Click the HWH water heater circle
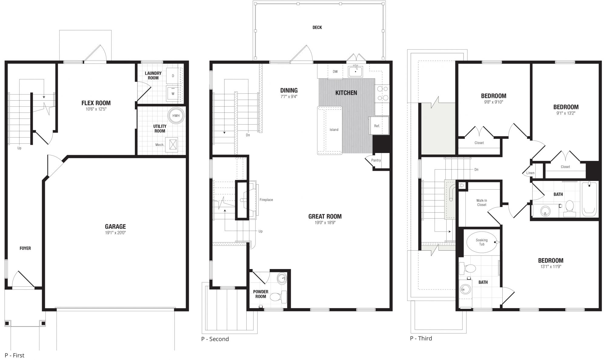[176, 115]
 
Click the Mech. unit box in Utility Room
[173, 144]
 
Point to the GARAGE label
[115, 226]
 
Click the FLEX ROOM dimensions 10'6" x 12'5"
[96, 109]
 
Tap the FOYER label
[25, 248]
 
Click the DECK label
[317, 28]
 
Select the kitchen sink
[355, 72]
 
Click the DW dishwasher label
[335, 72]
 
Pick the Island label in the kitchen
[334, 130]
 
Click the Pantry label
[376, 160]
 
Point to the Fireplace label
[266, 200]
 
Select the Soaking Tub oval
[482, 242]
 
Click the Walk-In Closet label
[482, 203]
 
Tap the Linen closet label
[531, 173]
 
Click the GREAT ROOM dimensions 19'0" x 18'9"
[325, 223]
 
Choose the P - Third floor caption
[421, 338]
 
